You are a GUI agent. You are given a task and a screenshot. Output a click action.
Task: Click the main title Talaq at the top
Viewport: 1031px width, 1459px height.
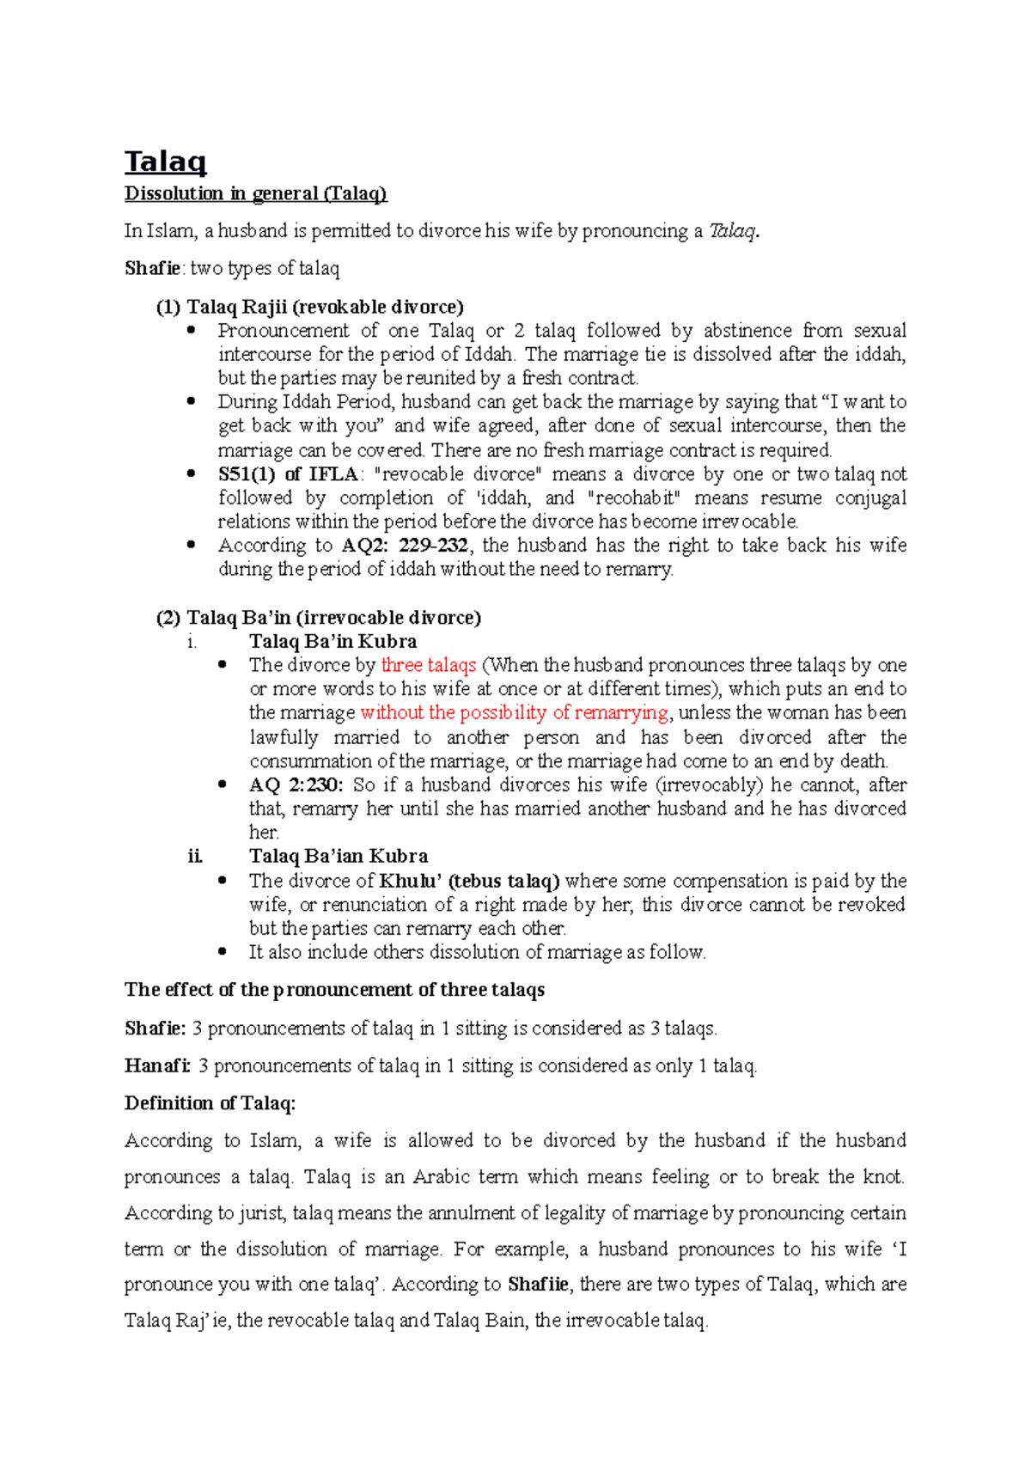pos(165,161)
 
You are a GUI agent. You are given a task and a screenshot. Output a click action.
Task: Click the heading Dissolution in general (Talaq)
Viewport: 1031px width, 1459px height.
pos(255,193)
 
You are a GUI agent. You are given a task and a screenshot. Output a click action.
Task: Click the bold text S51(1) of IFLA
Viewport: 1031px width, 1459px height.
pos(288,474)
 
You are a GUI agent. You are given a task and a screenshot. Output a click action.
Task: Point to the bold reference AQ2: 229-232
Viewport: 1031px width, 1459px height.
pos(405,546)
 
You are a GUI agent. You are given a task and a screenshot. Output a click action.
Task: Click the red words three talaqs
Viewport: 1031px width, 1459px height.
pos(428,665)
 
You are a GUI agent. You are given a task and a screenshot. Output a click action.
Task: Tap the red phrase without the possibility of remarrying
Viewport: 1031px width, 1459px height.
pos(513,712)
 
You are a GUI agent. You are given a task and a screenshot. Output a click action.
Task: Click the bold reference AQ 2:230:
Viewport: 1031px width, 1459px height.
pos(296,785)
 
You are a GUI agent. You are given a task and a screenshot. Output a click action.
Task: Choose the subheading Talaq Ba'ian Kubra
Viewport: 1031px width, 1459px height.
pos(338,857)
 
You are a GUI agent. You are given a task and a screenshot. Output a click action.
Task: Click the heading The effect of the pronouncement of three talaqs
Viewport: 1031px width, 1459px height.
pos(334,990)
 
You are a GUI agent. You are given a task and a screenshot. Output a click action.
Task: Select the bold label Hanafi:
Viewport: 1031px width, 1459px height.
pos(157,1066)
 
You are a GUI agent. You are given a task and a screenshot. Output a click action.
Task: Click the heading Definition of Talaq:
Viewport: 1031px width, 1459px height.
pos(210,1103)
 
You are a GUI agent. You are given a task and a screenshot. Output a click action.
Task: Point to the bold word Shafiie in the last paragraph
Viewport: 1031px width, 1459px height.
pos(538,1285)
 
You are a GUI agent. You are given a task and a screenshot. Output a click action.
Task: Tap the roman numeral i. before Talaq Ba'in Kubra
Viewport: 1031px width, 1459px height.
pos(192,642)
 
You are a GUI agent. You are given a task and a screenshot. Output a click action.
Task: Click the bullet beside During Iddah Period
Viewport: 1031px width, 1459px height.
pos(191,400)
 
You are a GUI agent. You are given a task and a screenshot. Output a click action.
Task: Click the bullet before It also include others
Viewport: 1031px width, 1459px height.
pos(223,951)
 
